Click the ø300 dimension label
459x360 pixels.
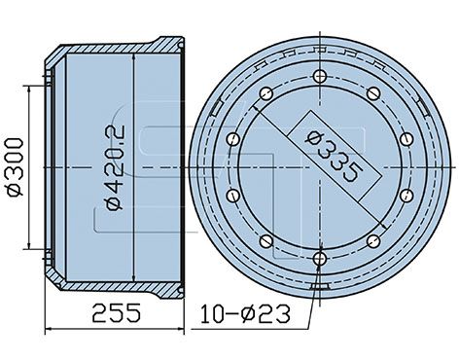click(15, 167)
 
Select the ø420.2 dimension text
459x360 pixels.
click(116, 167)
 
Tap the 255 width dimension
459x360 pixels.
click(117, 313)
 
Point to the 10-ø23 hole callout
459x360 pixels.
click(245, 313)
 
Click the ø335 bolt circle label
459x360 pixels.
click(335, 155)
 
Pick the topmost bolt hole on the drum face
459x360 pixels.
click(320, 76)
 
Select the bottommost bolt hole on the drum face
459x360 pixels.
click(320, 259)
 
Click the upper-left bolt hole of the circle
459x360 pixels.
click(266, 93)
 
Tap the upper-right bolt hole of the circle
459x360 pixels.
click(373, 93)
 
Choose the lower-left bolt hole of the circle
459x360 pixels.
click(266, 241)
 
